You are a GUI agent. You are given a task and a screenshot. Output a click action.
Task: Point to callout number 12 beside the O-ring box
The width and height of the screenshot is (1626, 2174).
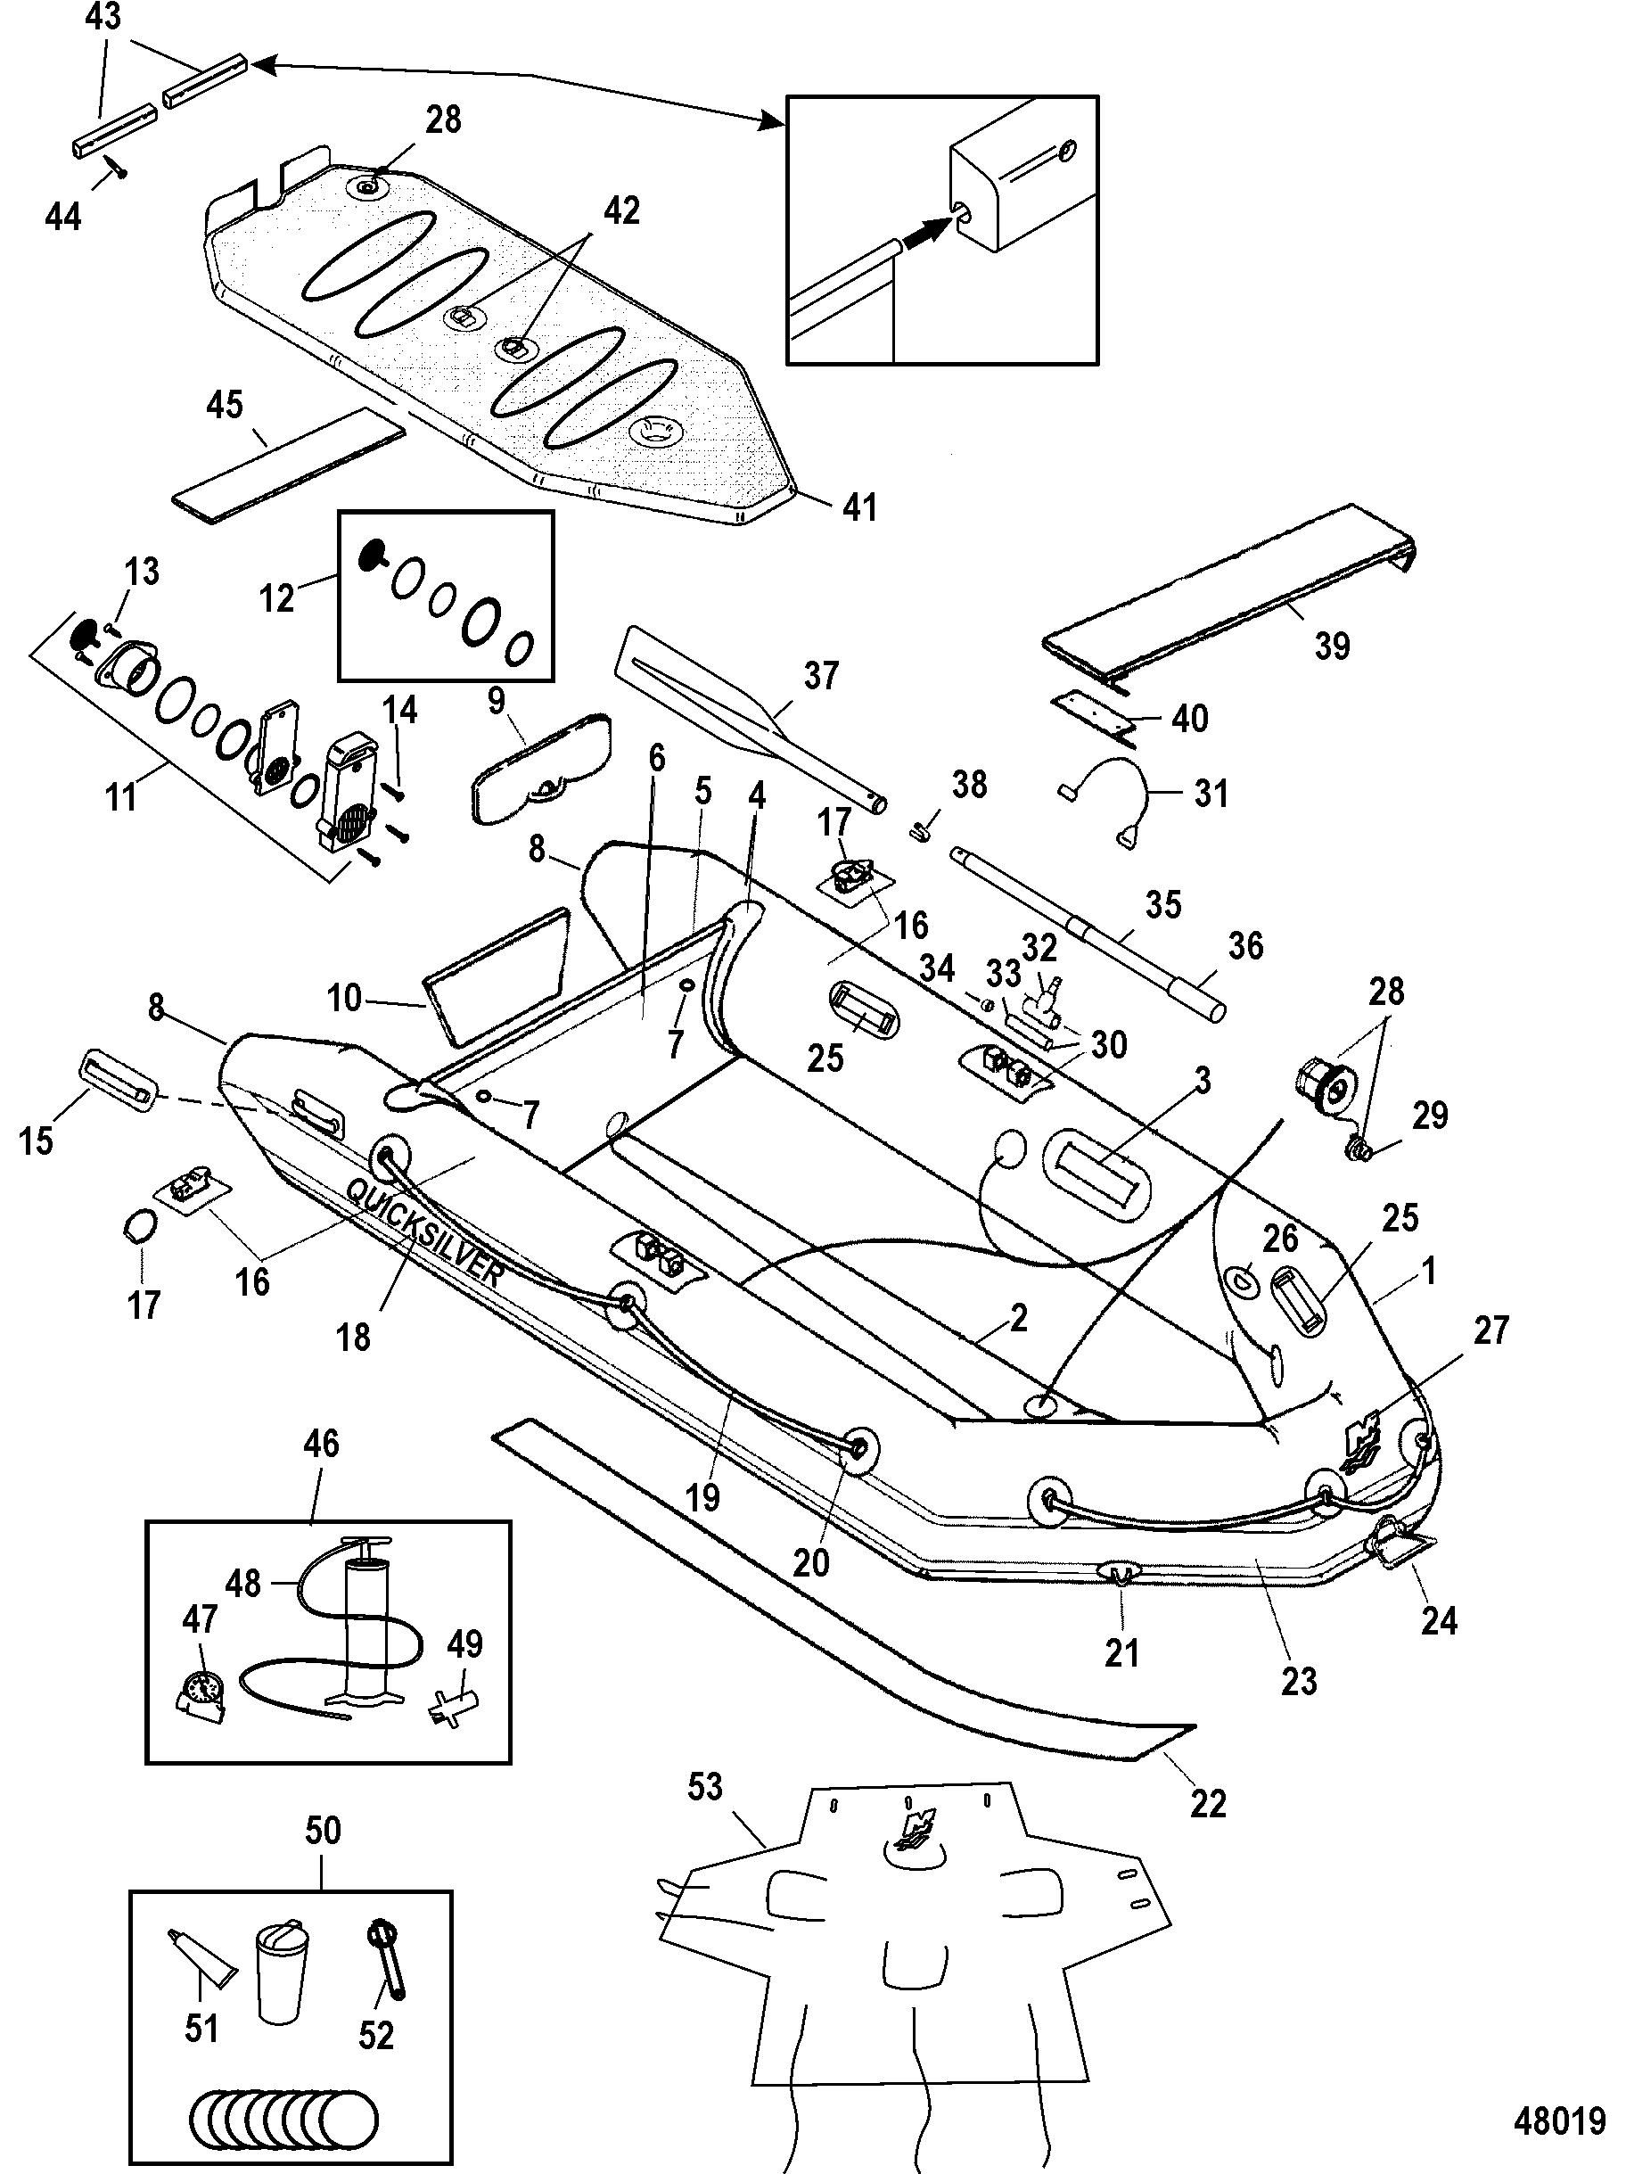tap(277, 597)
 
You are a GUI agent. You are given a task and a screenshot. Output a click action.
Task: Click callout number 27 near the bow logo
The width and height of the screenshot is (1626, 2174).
tap(1490, 1330)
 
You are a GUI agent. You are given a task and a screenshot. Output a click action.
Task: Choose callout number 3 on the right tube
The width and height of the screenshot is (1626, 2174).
tap(1203, 1081)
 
